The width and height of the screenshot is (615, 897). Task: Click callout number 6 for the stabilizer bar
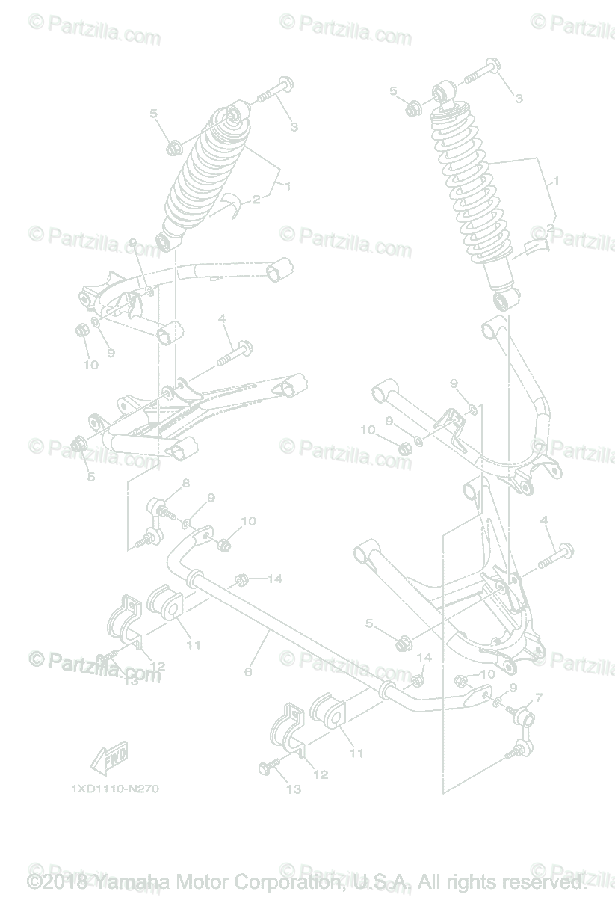click(248, 672)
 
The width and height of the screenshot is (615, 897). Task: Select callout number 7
click(539, 697)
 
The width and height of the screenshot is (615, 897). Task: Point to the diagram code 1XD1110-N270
click(114, 789)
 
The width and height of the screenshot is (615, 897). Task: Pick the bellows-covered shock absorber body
click(198, 176)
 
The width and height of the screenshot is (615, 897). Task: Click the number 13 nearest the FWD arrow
click(132, 680)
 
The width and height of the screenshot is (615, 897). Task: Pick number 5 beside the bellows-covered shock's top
click(154, 114)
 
